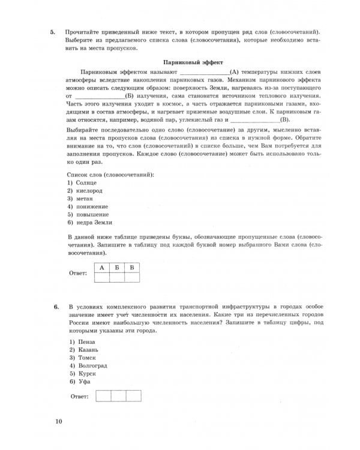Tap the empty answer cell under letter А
click(102, 277)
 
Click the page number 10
click(58, 422)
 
